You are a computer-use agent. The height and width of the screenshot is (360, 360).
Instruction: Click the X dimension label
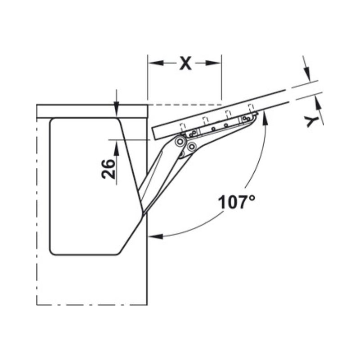tap(185, 63)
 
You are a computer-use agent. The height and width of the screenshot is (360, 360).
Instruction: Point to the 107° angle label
tap(236, 202)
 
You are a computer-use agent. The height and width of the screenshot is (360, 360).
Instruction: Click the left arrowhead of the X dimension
tap(156, 63)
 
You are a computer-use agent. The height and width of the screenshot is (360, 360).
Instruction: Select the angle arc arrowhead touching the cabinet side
tap(156, 236)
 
